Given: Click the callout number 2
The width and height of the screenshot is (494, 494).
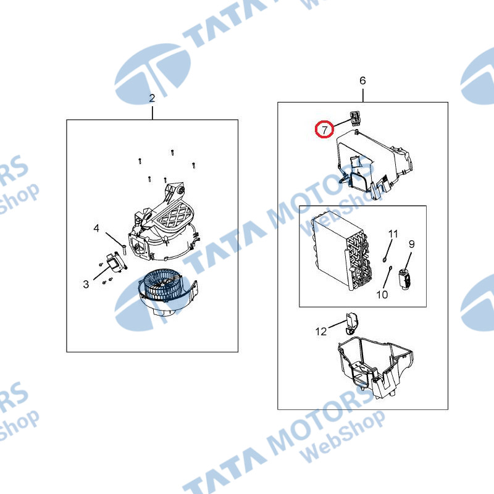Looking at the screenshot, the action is pyautogui.click(x=152, y=98).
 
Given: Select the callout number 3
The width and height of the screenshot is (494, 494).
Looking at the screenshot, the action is pyautogui.click(x=86, y=284).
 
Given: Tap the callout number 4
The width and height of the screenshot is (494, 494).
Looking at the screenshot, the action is pyautogui.click(x=96, y=228).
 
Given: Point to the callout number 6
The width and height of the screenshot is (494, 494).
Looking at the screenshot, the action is pyautogui.click(x=362, y=81).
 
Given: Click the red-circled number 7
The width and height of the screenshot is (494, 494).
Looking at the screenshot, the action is pyautogui.click(x=325, y=129).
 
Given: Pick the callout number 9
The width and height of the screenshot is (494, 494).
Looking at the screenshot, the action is pyautogui.click(x=412, y=244).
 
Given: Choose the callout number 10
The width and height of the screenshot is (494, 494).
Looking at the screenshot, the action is pyautogui.click(x=382, y=295).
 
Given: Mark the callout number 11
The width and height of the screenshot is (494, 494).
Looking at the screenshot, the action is pyautogui.click(x=393, y=234).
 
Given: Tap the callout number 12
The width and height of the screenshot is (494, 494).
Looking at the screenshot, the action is pyautogui.click(x=321, y=332).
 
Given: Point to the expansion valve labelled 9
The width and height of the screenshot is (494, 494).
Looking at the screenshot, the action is pyautogui.click(x=406, y=279).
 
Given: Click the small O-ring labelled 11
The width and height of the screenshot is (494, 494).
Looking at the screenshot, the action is pyautogui.click(x=385, y=260).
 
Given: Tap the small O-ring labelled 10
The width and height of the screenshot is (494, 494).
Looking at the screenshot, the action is pyautogui.click(x=390, y=268).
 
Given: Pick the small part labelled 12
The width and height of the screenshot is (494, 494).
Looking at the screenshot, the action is pyautogui.click(x=351, y=323).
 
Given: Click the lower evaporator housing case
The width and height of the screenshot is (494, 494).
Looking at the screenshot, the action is pyautogui.click(x=375, y=367).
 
